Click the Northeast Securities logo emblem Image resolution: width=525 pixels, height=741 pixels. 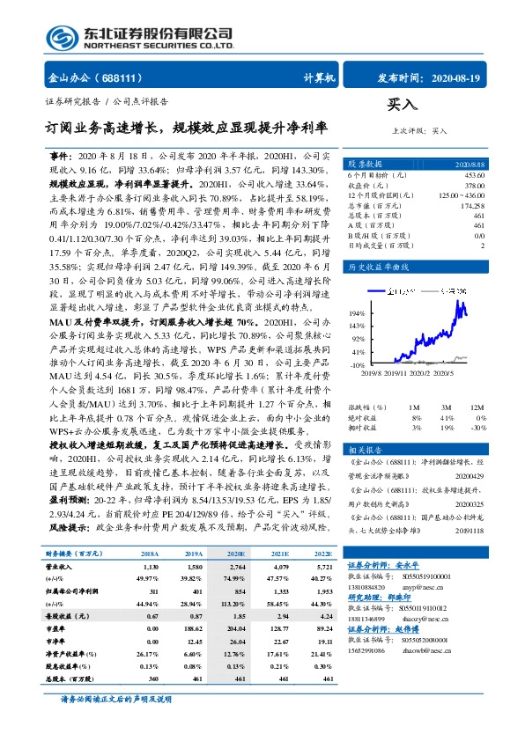(x=62, y=37)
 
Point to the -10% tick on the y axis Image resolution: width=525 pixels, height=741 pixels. (x=359, y=363)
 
